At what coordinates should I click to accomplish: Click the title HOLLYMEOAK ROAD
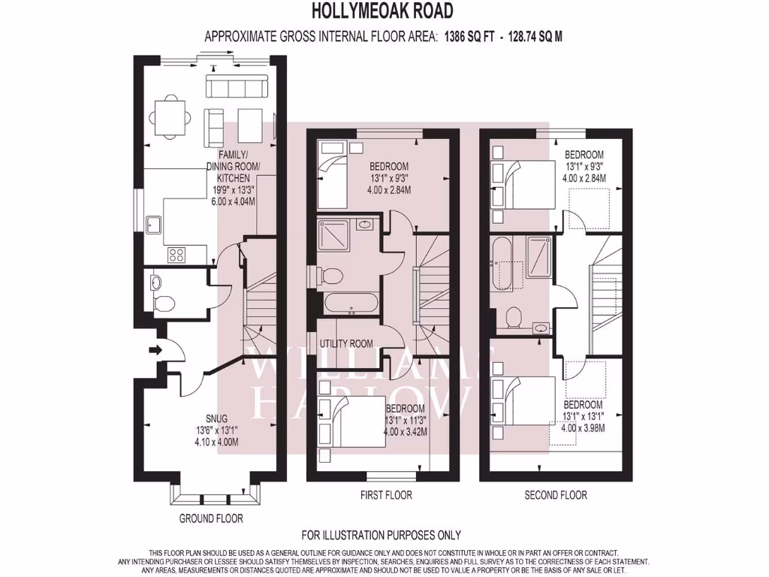384,11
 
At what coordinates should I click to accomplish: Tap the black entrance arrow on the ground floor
156,349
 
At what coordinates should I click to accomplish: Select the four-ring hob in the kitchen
176,255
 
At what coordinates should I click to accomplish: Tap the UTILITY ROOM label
346,344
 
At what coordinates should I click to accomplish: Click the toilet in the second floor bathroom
514,319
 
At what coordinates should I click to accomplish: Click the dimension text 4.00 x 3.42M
405,431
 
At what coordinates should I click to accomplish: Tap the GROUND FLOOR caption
211,518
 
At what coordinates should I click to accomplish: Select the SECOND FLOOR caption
556,495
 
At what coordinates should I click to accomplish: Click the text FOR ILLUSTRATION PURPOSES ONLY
381,535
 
